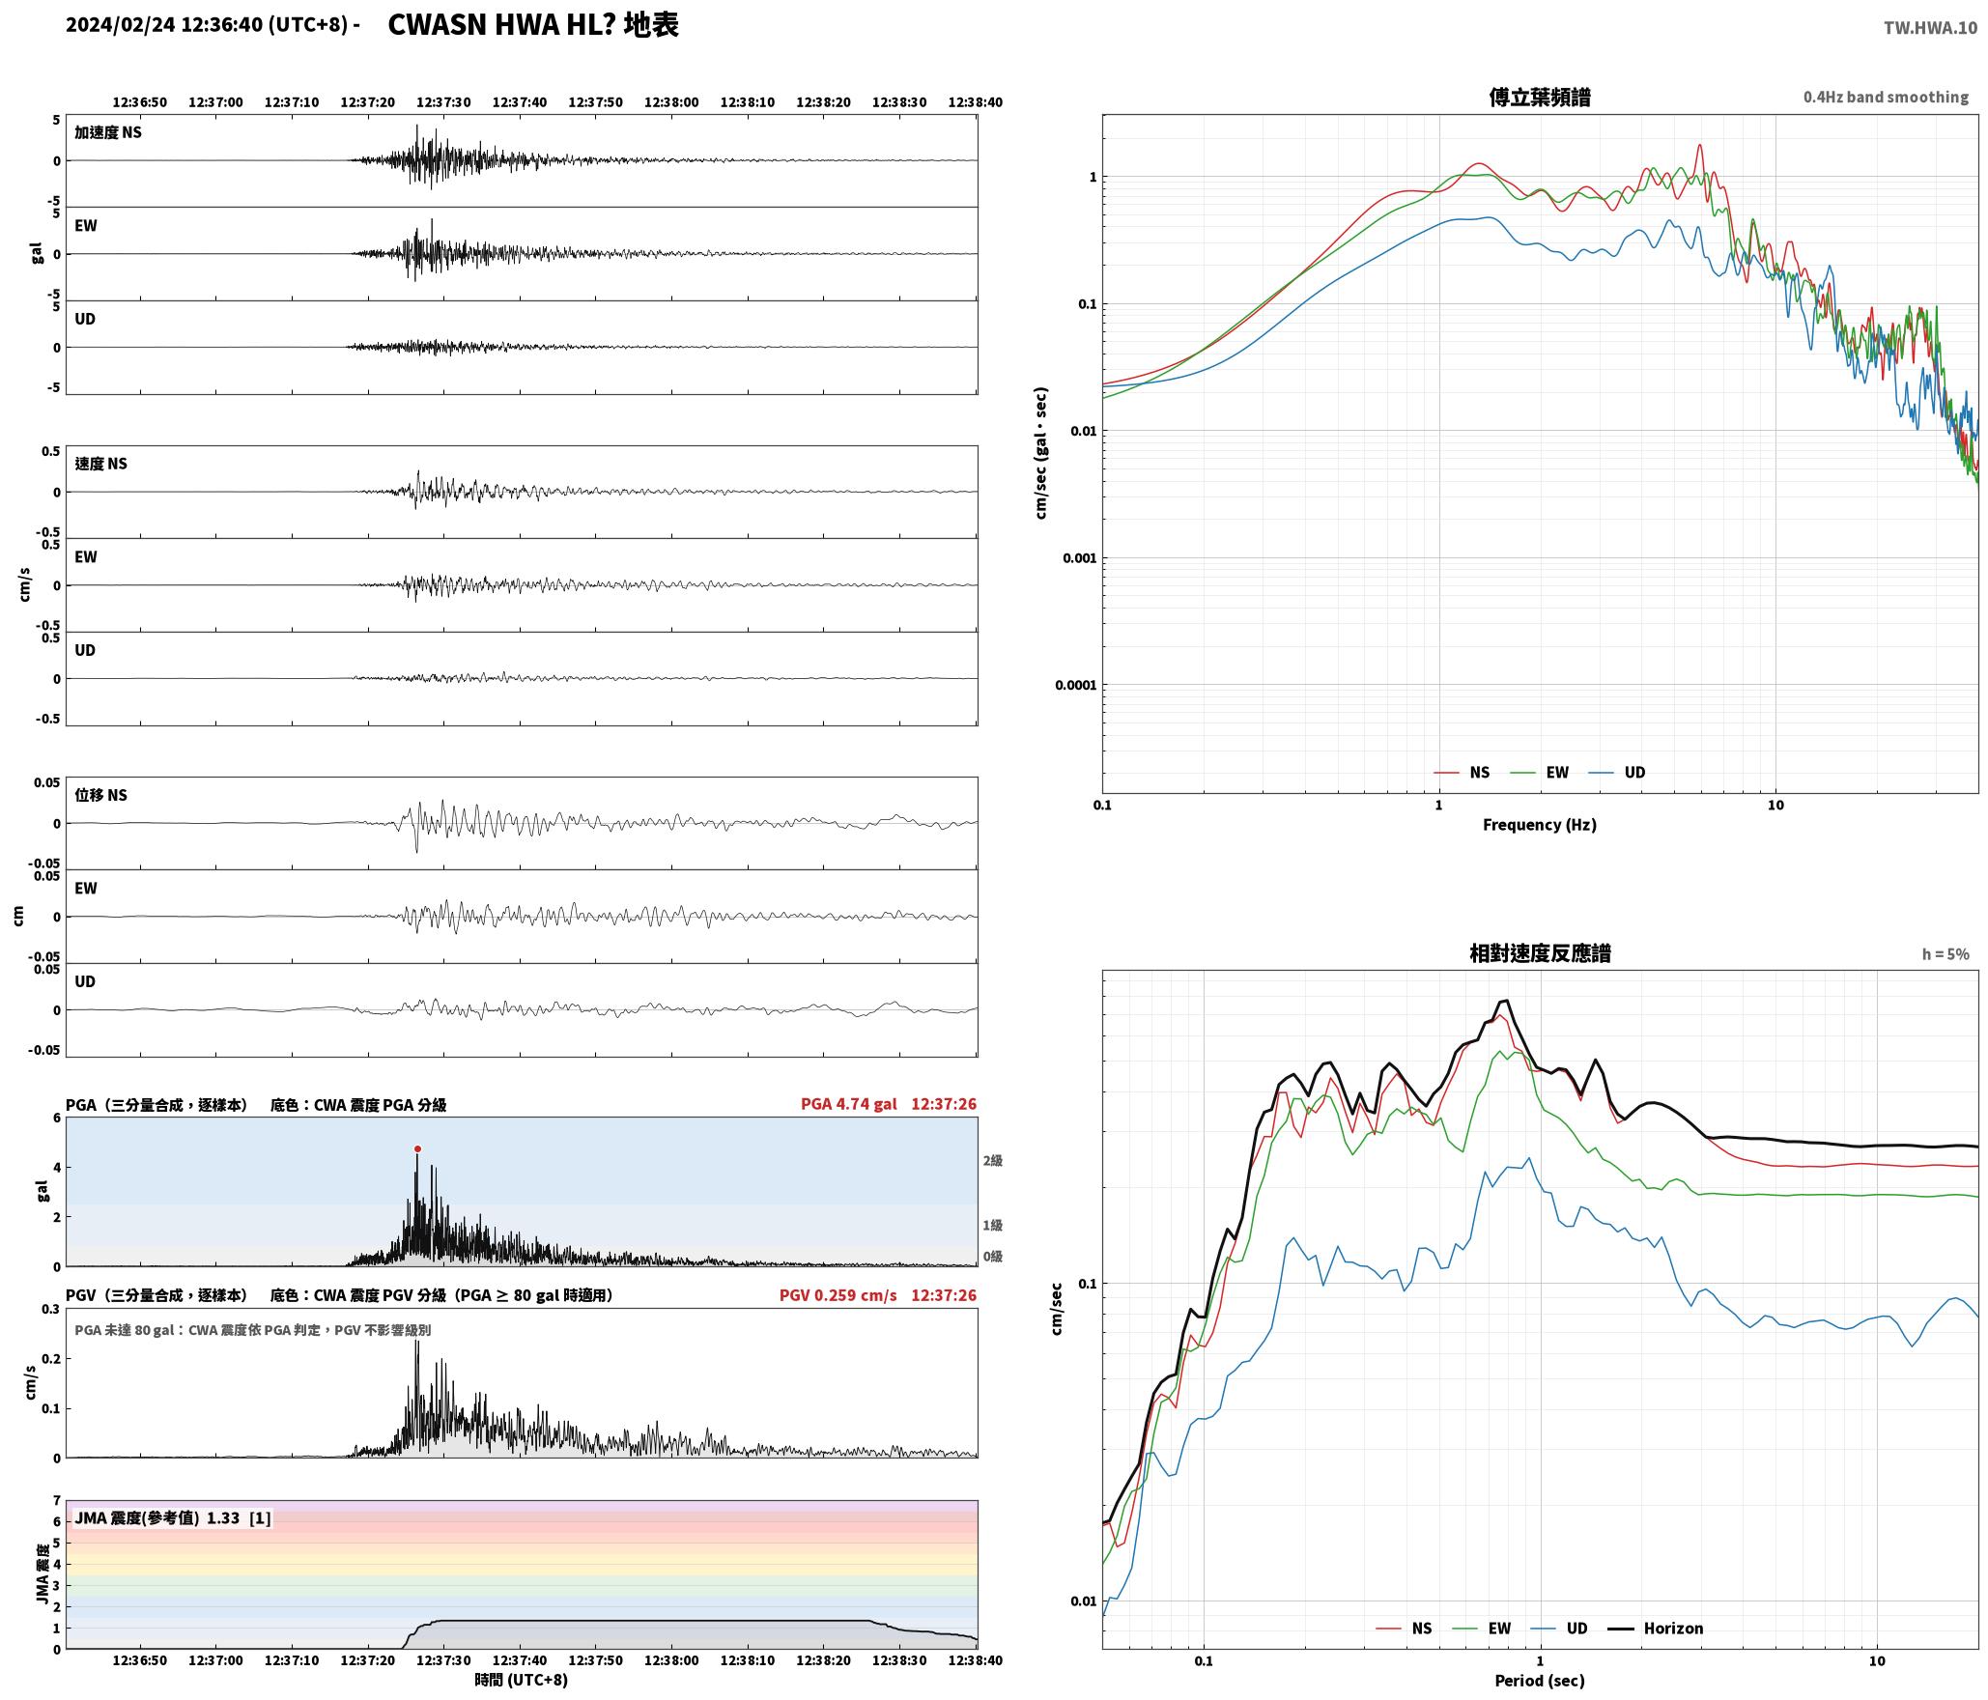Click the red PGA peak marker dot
417,1148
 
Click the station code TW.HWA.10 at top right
1930,28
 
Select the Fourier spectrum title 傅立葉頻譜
1540,97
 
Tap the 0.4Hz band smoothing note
1886,97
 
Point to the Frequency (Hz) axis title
1540,824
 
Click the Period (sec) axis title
1540,1680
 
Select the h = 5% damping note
1945,953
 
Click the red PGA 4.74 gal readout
848,1103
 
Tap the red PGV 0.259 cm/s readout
838,1294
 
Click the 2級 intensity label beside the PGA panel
992,1160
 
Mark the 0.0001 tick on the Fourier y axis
1074,685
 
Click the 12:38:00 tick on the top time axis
671,102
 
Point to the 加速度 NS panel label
108,132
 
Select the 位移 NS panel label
100,795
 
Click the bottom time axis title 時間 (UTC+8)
522,1680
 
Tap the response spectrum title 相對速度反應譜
1540,953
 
